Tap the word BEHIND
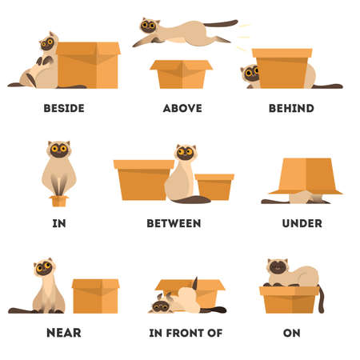[x=292, y=108]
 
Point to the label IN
[x=58, y=222]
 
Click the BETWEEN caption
[x=174, y=222]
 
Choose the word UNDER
[x=302, y=222]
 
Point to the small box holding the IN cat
[x=58, y=200]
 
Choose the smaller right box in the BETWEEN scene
[x=214, y=186]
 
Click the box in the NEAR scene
[x=95, y=296]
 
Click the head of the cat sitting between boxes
[x=186, y=154]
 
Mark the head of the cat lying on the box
[x=278, y=267]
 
